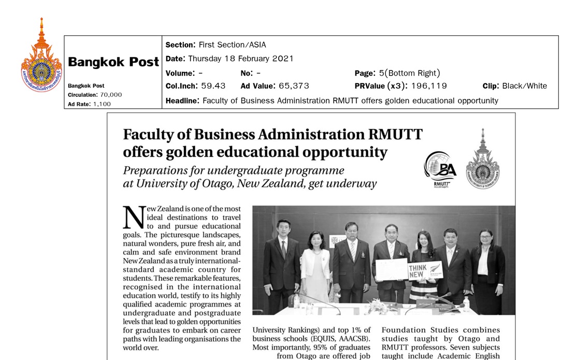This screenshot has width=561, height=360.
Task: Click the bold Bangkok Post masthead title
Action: (113, 62)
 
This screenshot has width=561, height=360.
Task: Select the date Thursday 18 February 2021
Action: (241, 59)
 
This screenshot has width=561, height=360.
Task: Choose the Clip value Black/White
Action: (524, 86)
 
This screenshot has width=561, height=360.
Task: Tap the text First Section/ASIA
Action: (232, 45)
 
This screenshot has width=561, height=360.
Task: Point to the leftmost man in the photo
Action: (281, 262)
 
